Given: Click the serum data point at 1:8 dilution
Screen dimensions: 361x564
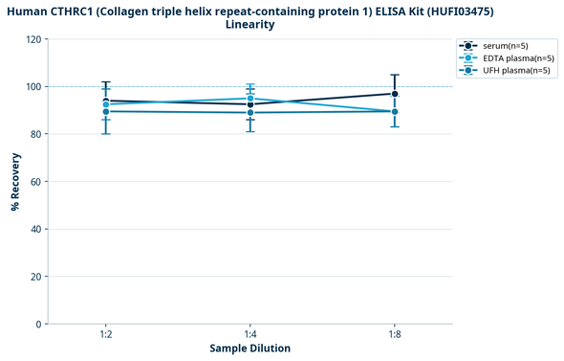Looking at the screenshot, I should [395, 94].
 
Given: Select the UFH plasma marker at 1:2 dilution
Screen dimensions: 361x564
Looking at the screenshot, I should [106, 111].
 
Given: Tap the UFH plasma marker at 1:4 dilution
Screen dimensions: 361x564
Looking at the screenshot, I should [250, 113].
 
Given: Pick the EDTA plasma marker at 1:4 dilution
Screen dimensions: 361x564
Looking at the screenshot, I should [250, 99].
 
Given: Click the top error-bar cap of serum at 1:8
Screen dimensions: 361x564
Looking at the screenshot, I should [395, 75].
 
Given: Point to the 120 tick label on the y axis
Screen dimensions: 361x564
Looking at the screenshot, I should [33, 39].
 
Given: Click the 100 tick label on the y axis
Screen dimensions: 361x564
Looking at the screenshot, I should [33, 87].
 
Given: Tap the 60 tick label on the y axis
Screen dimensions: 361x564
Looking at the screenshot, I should [36, 182].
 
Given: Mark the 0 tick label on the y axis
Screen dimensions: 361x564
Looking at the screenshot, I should [39, 325].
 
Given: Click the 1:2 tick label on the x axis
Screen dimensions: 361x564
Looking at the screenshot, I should [106, 335].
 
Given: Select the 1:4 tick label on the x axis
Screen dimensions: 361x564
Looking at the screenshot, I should [250, 335].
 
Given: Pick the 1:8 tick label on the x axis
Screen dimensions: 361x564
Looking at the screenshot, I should [395, 335].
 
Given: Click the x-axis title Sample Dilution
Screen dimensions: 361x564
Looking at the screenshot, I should [250, 349].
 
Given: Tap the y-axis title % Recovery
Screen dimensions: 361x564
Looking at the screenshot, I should [16, 182].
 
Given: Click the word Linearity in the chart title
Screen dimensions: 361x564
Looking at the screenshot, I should [250, 25].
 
